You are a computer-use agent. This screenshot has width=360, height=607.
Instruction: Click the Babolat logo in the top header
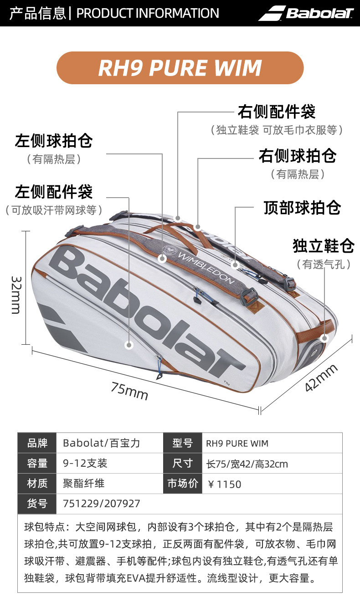[306, 13]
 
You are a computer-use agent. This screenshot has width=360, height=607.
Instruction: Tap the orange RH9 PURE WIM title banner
[180, 68]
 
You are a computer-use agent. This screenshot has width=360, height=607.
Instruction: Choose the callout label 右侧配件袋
[277, 112]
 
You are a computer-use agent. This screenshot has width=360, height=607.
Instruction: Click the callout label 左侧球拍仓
[54, 141]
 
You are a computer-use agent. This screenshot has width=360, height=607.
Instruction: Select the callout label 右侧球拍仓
[297, 156]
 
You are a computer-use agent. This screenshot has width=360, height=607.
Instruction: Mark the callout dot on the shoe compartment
[324, 338]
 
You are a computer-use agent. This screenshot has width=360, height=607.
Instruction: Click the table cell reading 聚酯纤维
[83, 484]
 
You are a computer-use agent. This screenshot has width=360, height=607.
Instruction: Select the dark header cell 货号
[37, 504]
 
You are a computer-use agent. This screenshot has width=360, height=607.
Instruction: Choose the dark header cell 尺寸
[182, 464]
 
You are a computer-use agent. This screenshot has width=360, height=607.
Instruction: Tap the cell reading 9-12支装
[85, 464]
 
